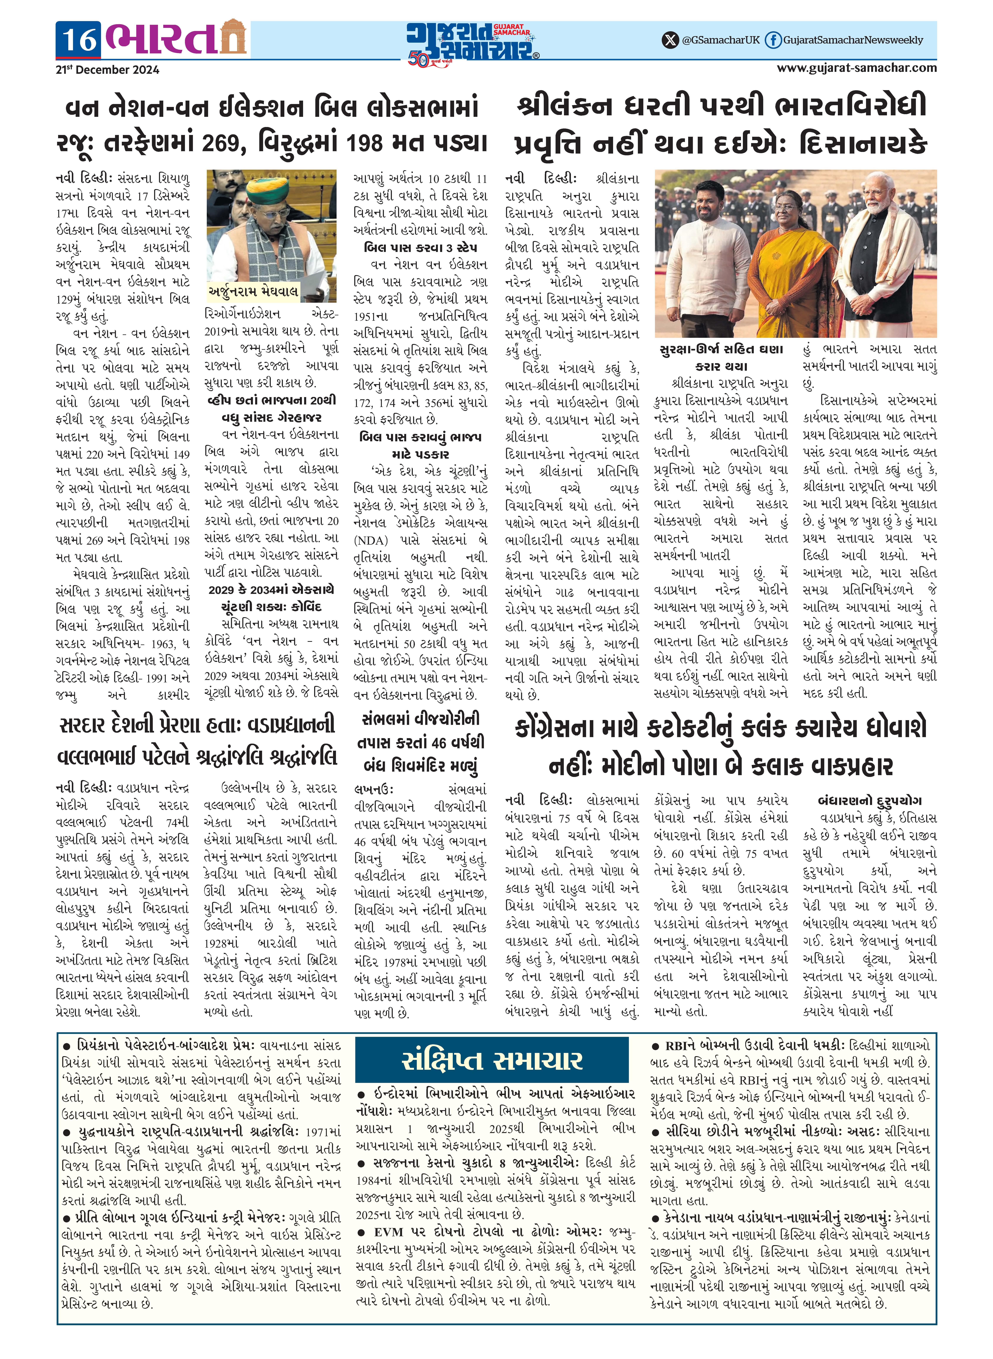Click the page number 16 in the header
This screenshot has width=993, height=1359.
(80, 40)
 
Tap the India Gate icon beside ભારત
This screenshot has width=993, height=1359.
(233, 37)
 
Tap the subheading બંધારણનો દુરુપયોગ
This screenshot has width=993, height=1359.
(869, 800)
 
